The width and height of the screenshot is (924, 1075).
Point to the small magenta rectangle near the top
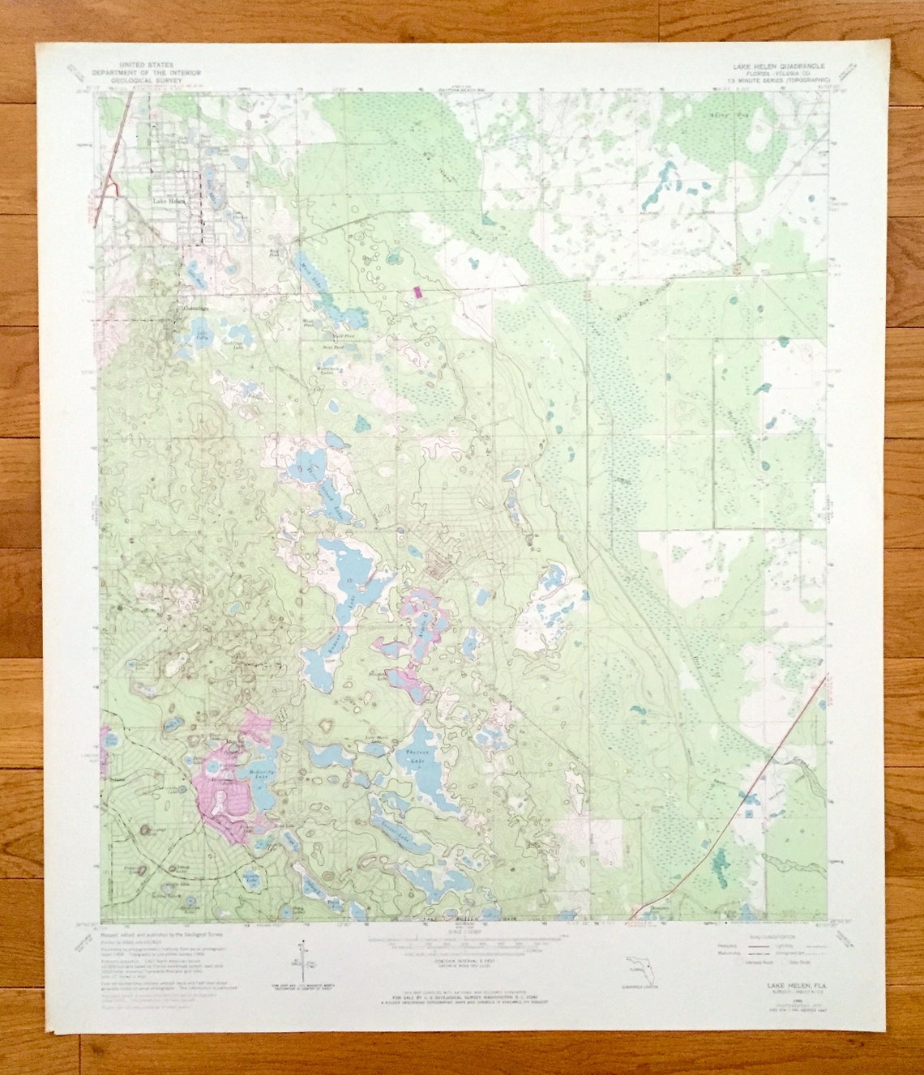pos(418,291)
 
